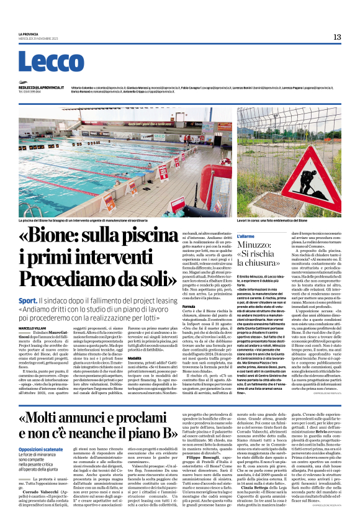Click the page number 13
pos(336,37)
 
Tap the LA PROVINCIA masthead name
pos(28,34)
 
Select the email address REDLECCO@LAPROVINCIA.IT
pos(40,88)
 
